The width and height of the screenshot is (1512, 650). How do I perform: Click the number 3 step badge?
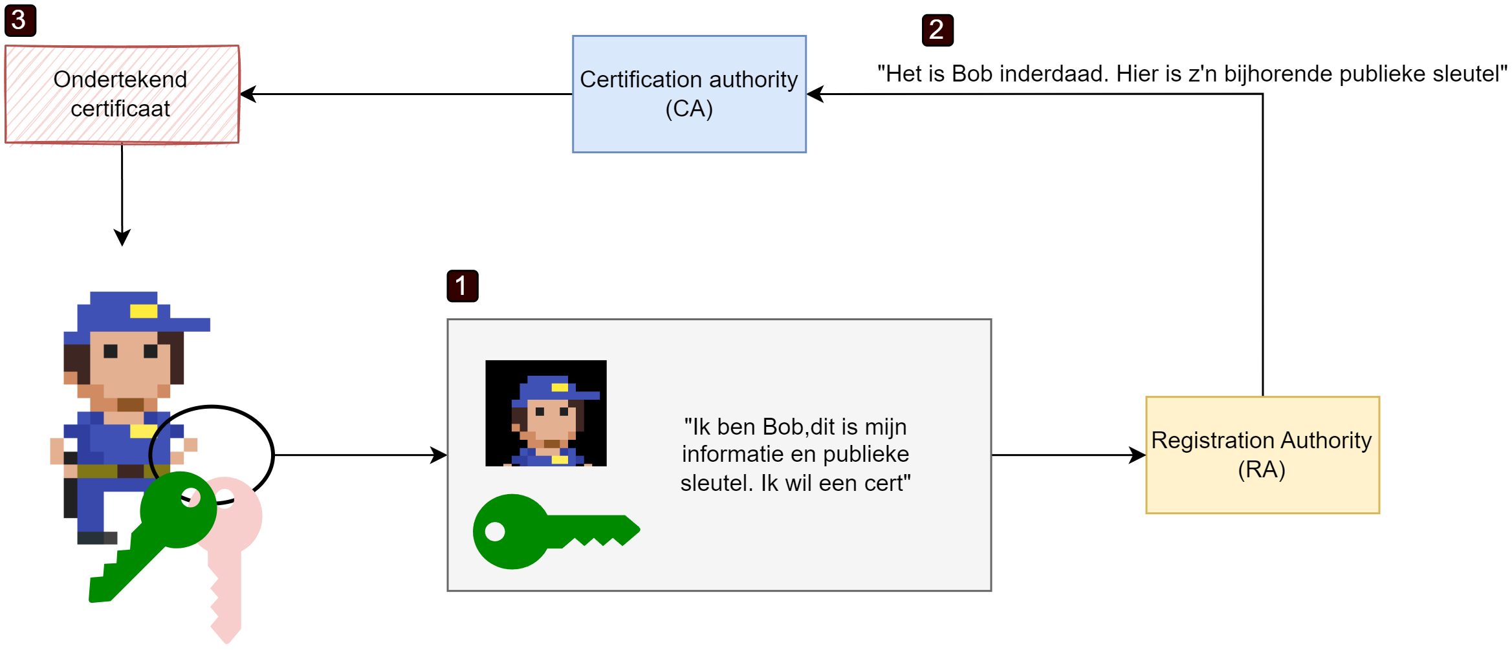pos(20,21)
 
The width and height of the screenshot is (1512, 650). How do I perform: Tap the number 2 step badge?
pos(937,30)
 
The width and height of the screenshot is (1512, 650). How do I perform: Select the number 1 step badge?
pos(462,286)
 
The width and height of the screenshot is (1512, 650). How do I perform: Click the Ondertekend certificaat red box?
pos(122,94)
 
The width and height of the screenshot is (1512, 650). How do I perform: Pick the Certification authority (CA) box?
pos(688,94)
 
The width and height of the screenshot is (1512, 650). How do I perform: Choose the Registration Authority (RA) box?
pos(1262,455)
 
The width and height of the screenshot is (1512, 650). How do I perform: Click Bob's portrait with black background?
pos(545,413)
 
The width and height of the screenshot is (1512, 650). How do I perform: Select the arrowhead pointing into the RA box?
pos(1138,455)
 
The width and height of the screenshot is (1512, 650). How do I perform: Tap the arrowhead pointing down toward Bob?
pos(122,237)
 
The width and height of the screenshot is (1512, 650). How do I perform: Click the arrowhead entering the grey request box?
pos(439,455)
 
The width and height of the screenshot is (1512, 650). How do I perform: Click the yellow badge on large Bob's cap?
pos(143,311)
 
